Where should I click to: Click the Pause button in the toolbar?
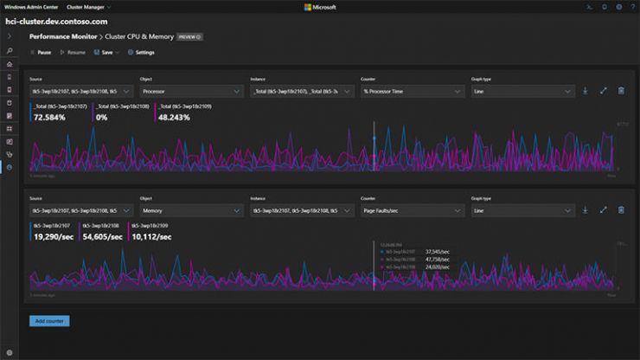click(41, 53)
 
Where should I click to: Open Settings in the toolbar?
click(142, 53)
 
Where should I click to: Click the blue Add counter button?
click(49, 321)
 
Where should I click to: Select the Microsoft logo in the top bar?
click(320, 7)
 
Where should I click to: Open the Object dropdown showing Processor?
click(189, 91)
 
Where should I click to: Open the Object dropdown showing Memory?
click(189, 210)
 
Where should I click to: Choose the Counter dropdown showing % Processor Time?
click(411, 91)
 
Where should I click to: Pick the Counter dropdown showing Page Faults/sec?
click(411, 210)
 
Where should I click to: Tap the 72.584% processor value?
click(50, 117)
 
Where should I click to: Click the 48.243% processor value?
click(151, 117)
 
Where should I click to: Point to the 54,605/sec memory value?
click(102, 236)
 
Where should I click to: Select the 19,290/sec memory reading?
click(53, 236)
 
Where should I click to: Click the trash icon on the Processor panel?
click(621, 91)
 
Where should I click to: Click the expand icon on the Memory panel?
click(603, 210)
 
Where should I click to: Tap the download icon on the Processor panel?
click(586, 91)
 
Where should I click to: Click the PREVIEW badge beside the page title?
click(189, 37)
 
